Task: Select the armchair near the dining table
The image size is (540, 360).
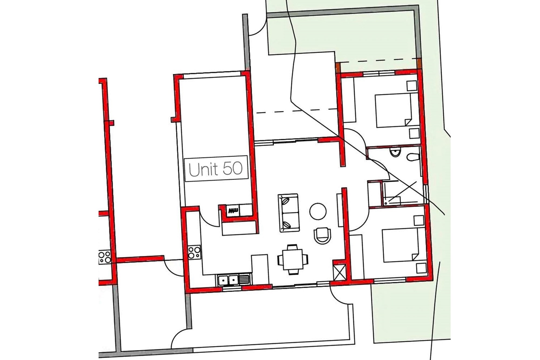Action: click(322, 236)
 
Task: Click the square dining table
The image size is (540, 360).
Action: click(293, 260)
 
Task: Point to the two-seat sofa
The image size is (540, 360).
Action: click(288, 213)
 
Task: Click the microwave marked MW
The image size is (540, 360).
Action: click(233, 211)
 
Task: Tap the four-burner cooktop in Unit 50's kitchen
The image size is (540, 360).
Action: click(194, 252)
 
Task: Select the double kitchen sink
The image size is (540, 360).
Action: click(228, 280)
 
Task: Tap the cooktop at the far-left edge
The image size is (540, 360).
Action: click(104, 257)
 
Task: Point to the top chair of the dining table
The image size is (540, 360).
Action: click(292, 247)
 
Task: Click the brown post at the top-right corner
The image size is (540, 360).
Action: click(418, 63)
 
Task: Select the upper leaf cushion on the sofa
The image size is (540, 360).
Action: click(285, 201)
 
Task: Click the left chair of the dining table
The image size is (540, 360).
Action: click(280, 260)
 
